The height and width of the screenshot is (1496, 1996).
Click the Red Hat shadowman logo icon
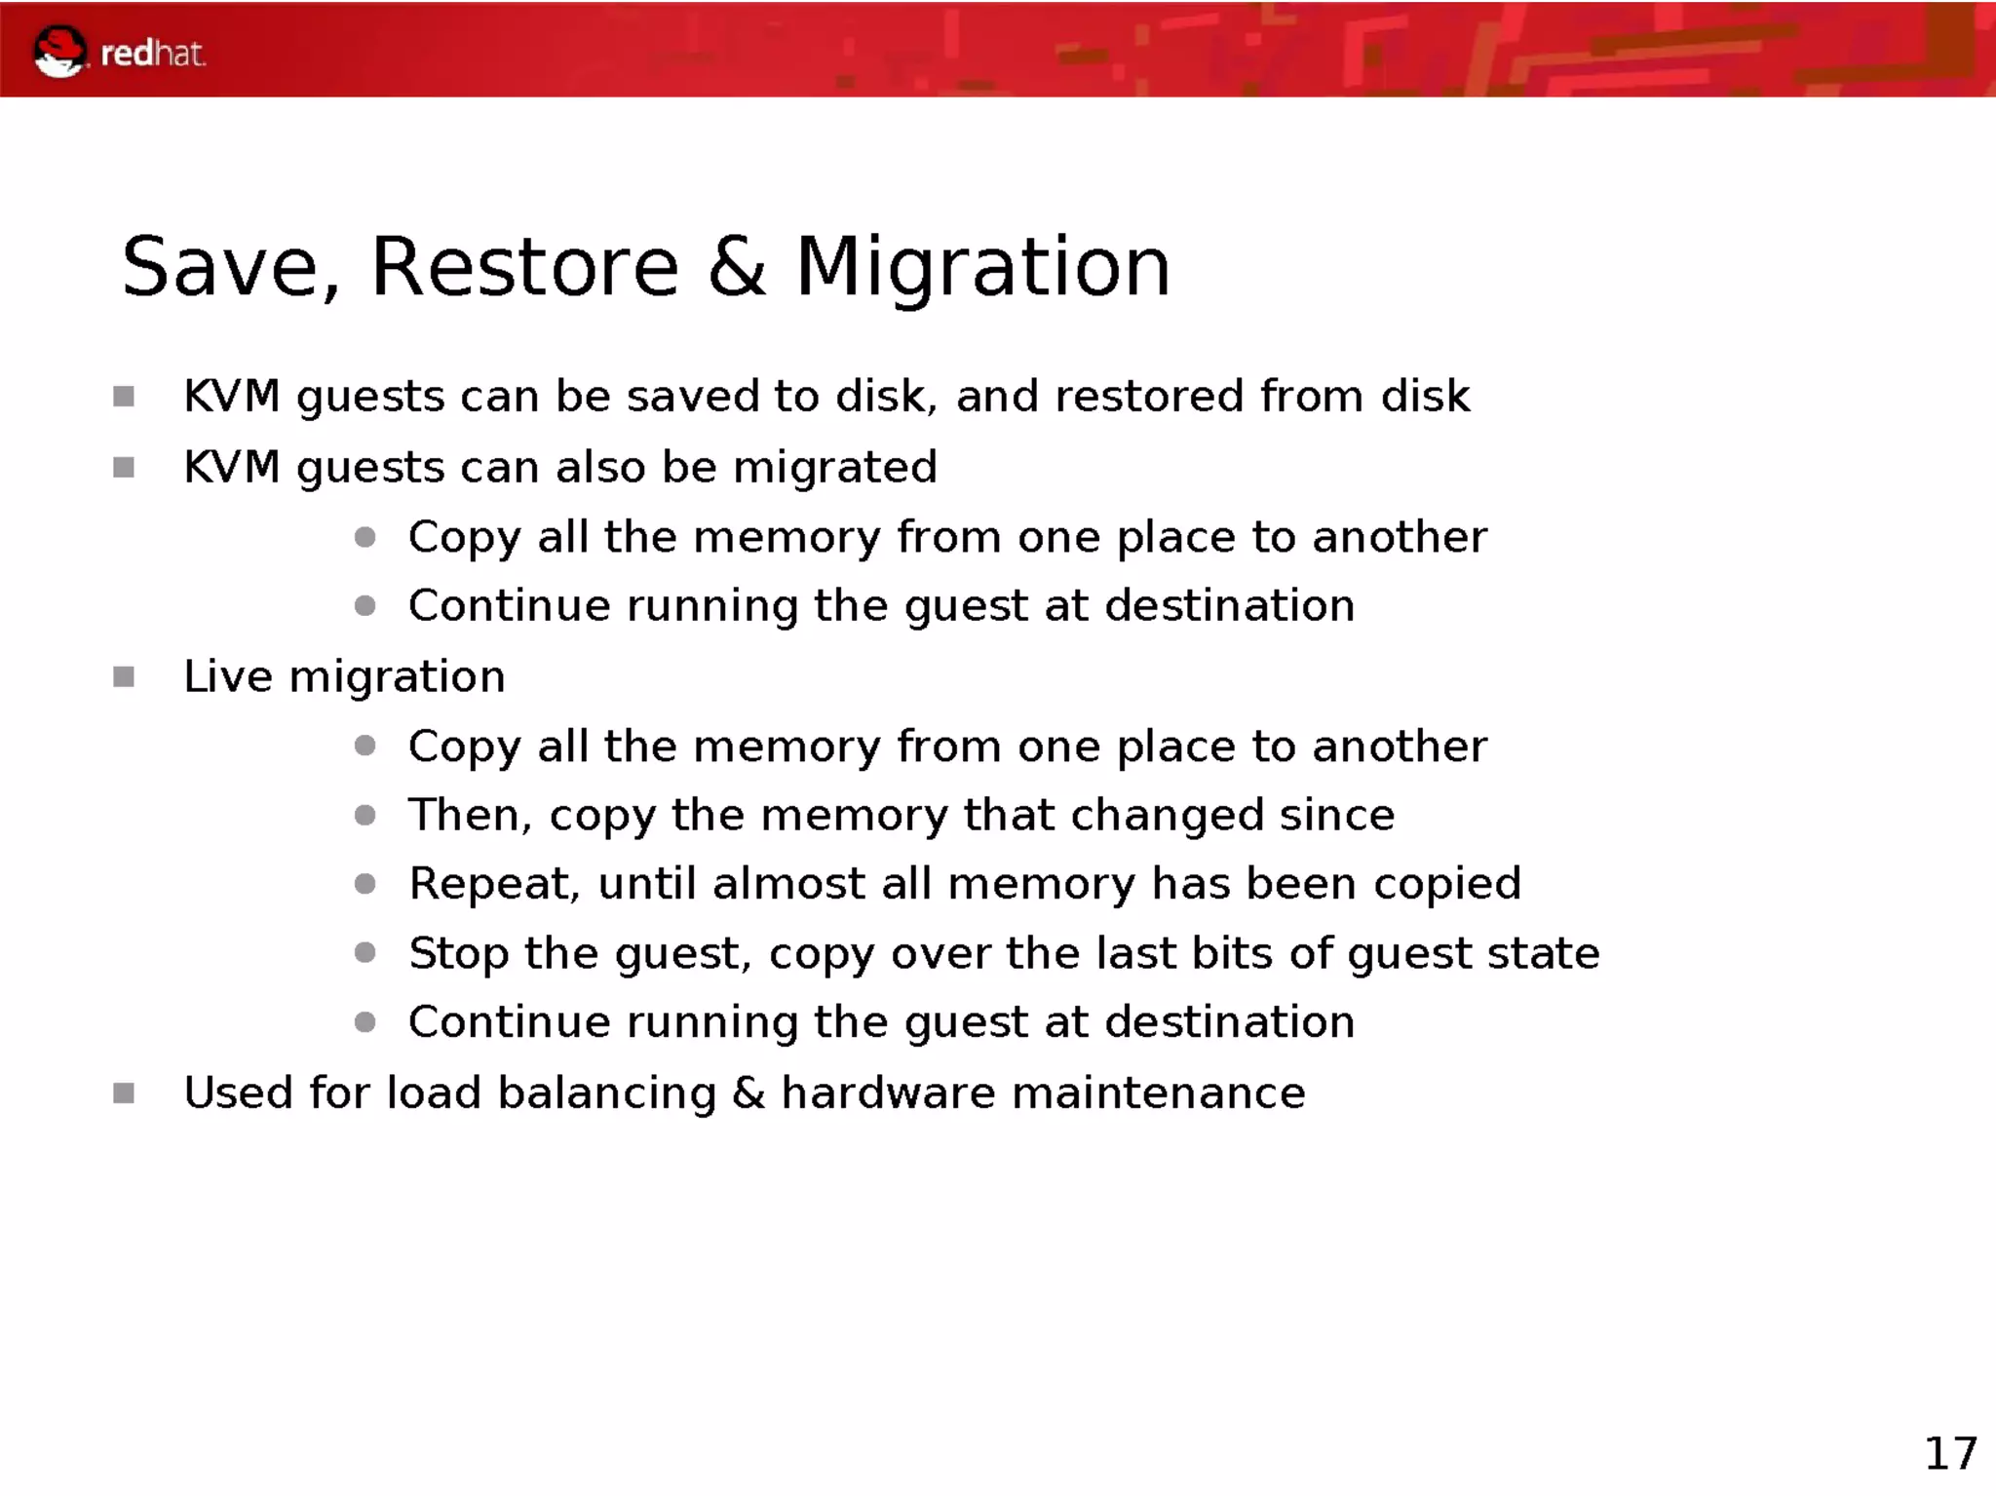(x=58, y=52)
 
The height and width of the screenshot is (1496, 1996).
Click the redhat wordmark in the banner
(x=153, y=54)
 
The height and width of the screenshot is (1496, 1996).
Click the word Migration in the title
(x=982, y=267)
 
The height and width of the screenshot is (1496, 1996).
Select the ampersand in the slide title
(x=737, y=267)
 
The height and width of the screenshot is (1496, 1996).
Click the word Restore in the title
(x=524, y=267)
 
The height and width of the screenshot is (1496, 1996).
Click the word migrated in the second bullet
(x=835, y=468)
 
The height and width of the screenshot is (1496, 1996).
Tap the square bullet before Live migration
(x=124, y=676)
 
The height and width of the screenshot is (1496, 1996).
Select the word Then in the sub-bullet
(x=468, y=815)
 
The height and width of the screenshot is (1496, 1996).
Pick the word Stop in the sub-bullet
(x=458, y=953)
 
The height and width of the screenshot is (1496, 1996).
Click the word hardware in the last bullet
(x=888, y=1093)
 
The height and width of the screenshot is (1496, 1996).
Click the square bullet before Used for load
(x=124, y=1093)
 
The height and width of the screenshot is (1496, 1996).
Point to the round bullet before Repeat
(x=365, y=884)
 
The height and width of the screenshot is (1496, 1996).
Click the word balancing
(x=606, y=1093)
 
